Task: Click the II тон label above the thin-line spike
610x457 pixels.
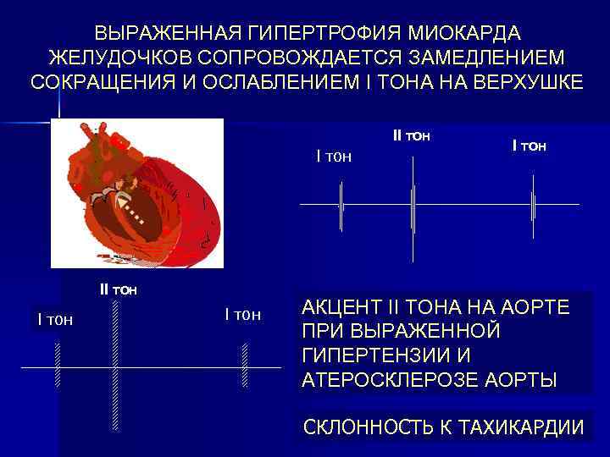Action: [x=413, y=135]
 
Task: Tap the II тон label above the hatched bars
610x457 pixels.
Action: [x=119, y=289]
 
